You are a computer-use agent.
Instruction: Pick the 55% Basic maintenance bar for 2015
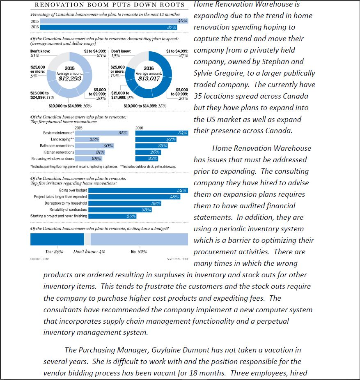coord(102,133)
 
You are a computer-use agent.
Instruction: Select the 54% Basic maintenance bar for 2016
coord(162,133)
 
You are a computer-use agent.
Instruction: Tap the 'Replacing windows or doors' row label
coord(53,159)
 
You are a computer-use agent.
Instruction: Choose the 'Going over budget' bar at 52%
coord(138,190)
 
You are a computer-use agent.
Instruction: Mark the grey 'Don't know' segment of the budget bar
coord(87,239)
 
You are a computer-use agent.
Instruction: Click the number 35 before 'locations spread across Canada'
coord(199,96)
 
